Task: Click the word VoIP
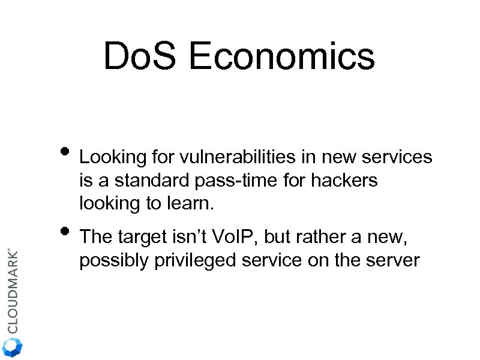(x=233, y=238)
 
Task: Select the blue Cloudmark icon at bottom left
(x=13, y=347)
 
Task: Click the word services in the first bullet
(x=400, y=158)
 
